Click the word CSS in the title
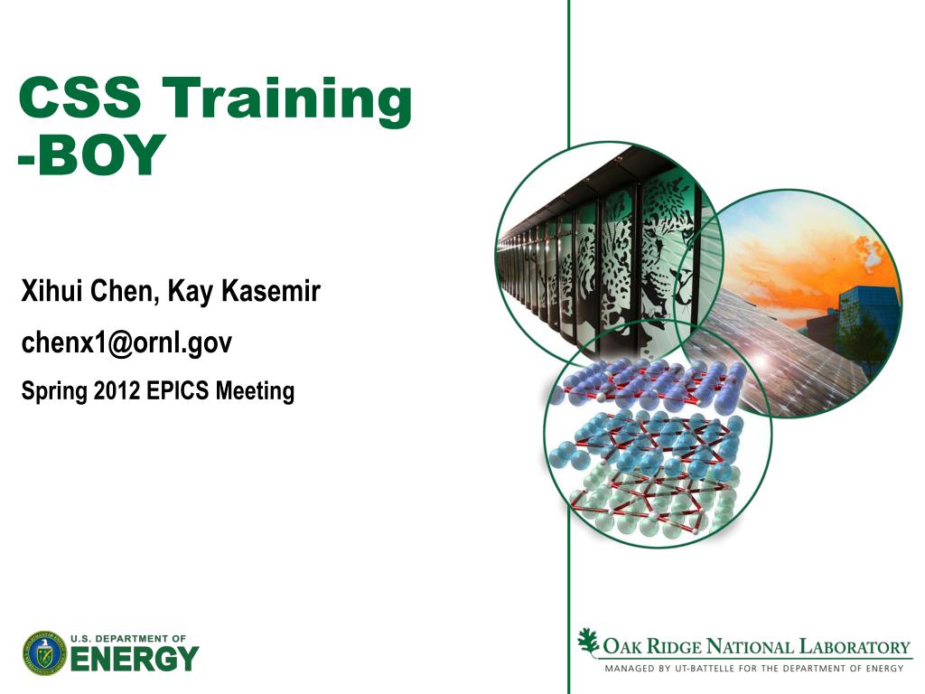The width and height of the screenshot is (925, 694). coord(80,97)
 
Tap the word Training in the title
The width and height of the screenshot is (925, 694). coord(286,100)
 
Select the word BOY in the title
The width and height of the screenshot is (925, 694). coord(99,154)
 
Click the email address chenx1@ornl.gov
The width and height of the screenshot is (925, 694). coord(126,342)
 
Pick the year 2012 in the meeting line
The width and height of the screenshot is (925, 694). coord(117,390)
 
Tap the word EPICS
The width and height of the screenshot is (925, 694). coord(178,390)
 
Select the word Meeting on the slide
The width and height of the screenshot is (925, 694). coord(255,391)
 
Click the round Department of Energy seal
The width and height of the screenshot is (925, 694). coord(45,653)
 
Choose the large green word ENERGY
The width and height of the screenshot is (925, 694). coord(135,659)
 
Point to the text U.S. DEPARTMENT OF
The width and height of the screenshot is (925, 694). coord(128,639)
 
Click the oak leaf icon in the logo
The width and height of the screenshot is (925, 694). coord(587,642)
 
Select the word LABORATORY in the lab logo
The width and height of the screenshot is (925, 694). coord(855,647)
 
